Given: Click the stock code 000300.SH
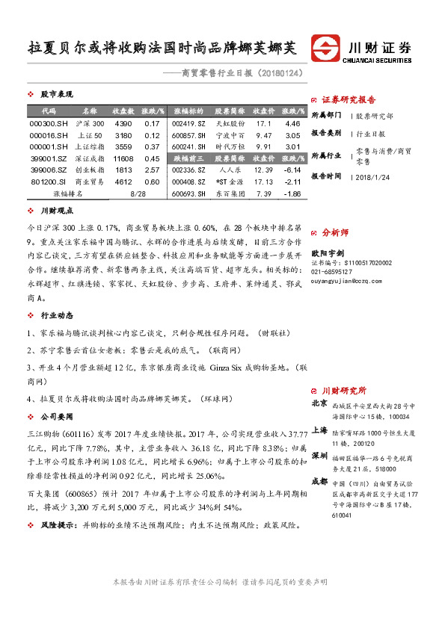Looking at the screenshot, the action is pyautogui.click(x=47, y=123).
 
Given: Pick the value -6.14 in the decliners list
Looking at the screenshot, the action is pyautogui.click(x=292, y=170).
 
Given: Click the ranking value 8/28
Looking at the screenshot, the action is pyautogui.click(x=137, y=193).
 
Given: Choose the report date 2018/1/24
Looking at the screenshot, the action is pyautogui.click(x=374, y=176).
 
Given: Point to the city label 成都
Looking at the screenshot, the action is pyautogui.click(x=319, y=481).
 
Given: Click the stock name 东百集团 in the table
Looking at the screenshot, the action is pyautogui.click(x=229, y=193).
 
